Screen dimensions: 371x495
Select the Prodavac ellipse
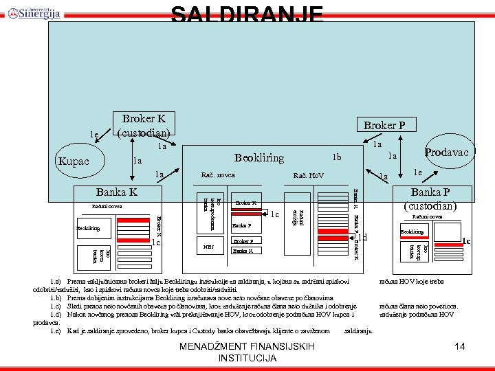(446, 153)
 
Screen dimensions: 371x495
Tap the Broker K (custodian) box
(144, 124)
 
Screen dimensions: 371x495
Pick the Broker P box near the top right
(388, 125)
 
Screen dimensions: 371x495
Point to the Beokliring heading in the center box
(259, 158)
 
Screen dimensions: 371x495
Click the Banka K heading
(117, 191)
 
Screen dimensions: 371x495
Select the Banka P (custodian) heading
(437, 199)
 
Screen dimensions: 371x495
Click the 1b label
(337, 157)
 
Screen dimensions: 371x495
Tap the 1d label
(363, 238)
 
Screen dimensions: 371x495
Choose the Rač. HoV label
(308, 176)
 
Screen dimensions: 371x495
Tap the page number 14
(460, 347)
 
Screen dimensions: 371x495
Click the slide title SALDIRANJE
(247, 13)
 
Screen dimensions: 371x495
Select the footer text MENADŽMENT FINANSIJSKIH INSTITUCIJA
(247, 352)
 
